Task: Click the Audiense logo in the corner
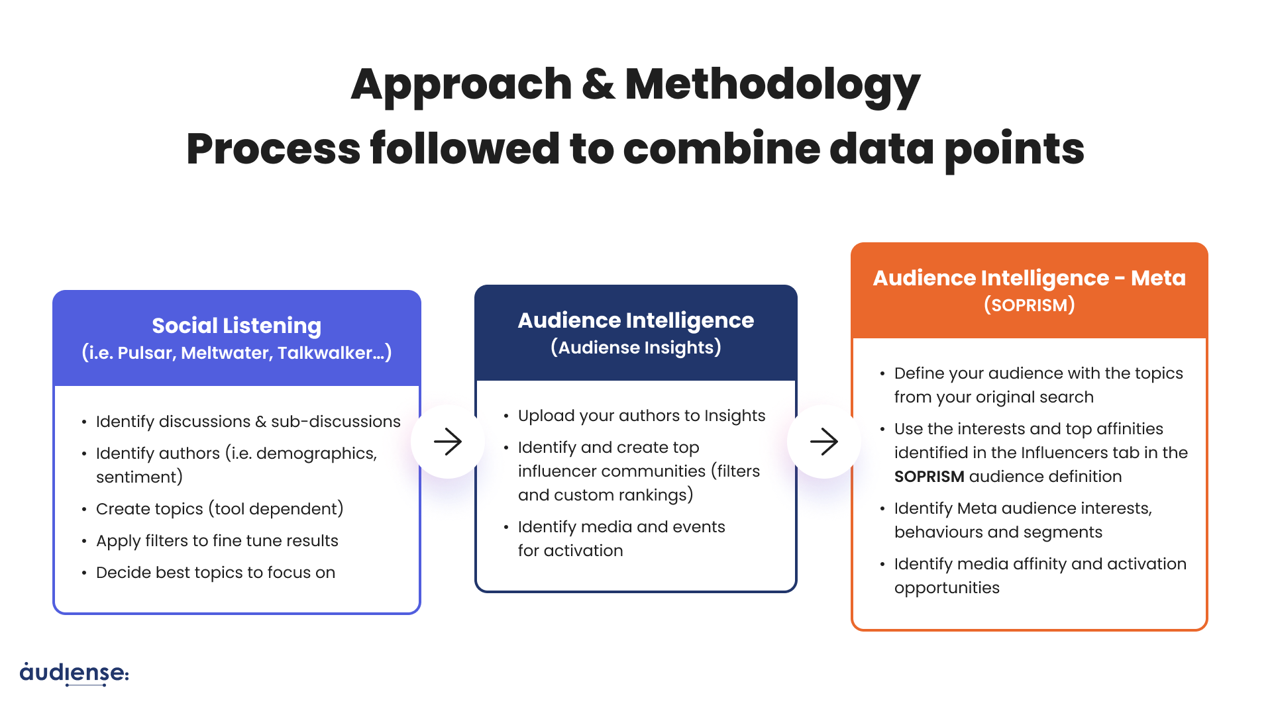[x=74, y=673]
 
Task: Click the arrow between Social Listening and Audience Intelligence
[x=448, y=442]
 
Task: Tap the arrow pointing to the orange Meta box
[x=824, y=442]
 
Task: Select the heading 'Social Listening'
[x=237, y=326]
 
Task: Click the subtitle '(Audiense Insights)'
[x=636, y=348]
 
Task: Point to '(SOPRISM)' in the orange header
[x=1030, y=305]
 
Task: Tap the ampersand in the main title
[x=598, y=84]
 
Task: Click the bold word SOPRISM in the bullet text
[x=929, y=477]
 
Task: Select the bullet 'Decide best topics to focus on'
[x=216, y=573]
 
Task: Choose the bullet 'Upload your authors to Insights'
[x=641, y=416]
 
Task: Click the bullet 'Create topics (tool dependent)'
[x=220, y=509]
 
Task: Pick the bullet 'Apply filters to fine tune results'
[x=217, y=541]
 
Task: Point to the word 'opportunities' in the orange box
[x=947, y=589]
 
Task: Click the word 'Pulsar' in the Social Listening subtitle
[x=144, y=353]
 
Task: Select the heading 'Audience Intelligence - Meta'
[x=1030, y=278]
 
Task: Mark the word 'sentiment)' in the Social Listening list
[x=139, y=477]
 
